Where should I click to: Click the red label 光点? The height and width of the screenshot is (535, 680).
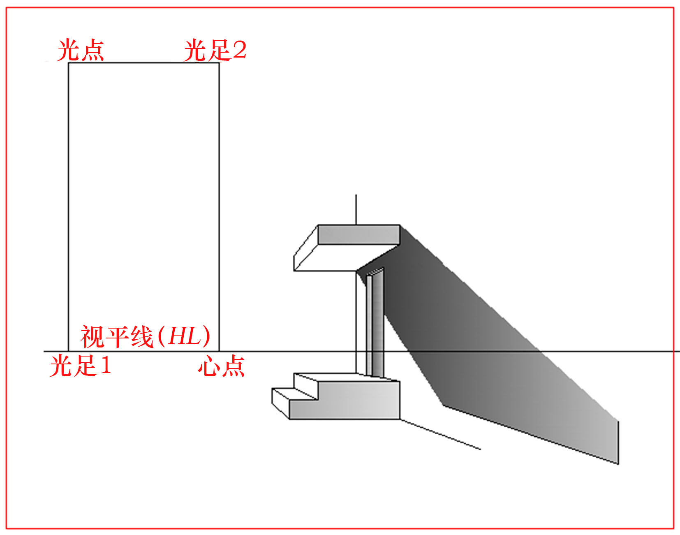tap(81, 50)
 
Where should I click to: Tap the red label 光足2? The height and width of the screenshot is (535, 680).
tap(215, 50)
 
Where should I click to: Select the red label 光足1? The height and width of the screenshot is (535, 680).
tap(80, 366)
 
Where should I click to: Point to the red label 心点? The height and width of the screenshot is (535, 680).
tap(222, 366)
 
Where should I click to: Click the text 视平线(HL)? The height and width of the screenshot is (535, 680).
tap(145, 336)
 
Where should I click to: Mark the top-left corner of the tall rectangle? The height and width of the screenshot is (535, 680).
tap(69, 63)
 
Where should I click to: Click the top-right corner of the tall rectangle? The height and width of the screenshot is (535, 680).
tap(219, 63)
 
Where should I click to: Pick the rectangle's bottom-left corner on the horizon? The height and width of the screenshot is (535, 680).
tap(69, 351)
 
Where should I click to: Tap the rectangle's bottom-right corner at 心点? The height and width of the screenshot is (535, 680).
tap(219, 351)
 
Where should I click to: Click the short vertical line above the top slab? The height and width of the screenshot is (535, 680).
tap(356, 210)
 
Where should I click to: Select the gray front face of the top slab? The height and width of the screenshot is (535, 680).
tap(359, 235)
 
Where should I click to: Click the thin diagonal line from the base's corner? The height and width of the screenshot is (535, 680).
tap(440, 434)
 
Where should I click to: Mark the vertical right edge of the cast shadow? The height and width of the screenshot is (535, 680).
tap(618, 442)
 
